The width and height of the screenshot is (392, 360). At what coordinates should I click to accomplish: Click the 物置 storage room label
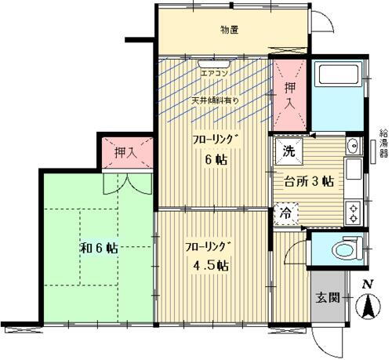tap(229, 30)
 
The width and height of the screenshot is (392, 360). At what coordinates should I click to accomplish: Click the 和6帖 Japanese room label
tap(97, 248)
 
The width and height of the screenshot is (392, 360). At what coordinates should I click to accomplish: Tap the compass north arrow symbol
tap(366, 306)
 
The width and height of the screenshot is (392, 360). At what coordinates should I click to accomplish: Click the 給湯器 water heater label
tap(383, 144)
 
